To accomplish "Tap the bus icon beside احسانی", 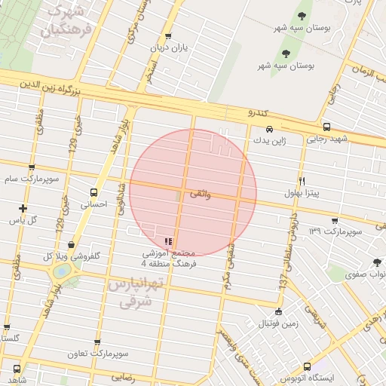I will click(94, 192).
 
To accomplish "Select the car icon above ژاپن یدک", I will click(270, 129).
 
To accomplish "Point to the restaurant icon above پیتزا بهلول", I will click(302, 181).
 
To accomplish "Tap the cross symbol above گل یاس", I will click(23, 208).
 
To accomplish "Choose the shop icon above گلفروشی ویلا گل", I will click(71, 244).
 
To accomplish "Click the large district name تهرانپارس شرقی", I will click(136, 293).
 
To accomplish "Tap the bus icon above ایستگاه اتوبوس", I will click(306, 366).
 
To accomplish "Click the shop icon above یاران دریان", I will click(168, 36).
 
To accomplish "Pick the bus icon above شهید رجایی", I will click(326, 127).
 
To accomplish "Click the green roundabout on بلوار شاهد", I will click(62, 270).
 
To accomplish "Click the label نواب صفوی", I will click(365, 275).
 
